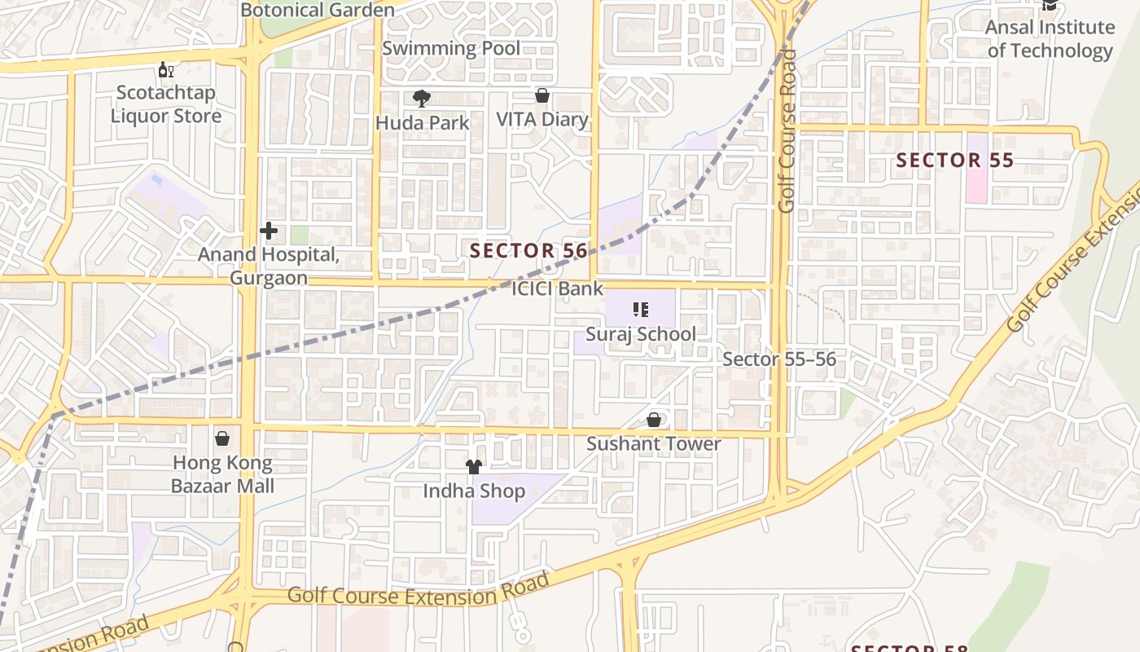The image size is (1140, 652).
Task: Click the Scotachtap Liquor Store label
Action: (165, 104)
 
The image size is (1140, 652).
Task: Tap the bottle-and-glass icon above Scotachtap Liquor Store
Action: (165, 70)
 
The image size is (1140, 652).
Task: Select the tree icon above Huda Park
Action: (421, 99)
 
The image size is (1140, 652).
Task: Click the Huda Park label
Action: (423, 123)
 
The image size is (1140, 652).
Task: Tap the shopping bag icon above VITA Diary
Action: (541, 96)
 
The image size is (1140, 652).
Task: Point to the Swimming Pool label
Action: (450, 48)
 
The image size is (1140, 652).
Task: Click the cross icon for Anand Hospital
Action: (269, 231)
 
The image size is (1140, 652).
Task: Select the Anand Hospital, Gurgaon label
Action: (269, 267)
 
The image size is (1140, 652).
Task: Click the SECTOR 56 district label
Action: (528, 251)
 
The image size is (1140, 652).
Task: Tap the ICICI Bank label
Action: (558, 289)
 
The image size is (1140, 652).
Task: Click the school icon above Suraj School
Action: (640, 310)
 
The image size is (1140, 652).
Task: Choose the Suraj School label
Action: (641, 334)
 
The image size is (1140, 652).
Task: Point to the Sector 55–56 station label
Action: (779, 359)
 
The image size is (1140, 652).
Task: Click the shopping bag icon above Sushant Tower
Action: (653, 420)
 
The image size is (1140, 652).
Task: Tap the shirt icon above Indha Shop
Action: (473, 466)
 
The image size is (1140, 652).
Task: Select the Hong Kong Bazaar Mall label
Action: (222, 474)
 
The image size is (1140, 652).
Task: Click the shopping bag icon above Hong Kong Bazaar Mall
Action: (221, 438)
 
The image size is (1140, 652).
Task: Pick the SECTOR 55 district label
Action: (955, 161)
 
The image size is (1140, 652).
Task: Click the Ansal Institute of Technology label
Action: (1050, 38)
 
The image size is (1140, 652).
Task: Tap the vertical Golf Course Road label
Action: (786, 130)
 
